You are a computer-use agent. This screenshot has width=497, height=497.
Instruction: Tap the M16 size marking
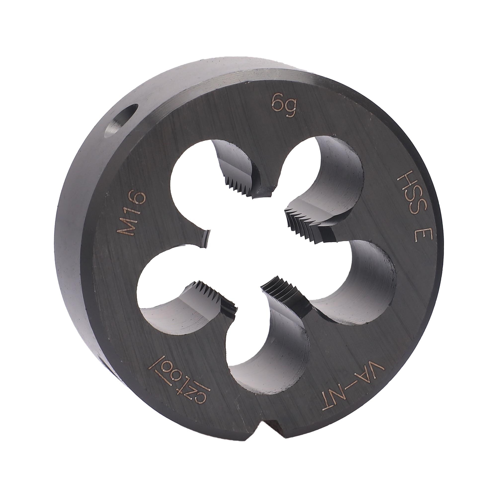(131, 214)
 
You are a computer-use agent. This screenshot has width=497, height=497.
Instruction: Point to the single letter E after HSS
(424, 233)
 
